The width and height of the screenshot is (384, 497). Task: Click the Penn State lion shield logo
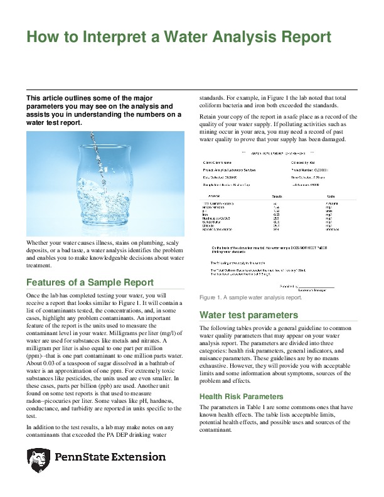click(38, 460)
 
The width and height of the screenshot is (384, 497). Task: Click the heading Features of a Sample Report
click(90, 282)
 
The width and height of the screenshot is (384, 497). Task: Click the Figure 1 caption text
click(250, 297)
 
